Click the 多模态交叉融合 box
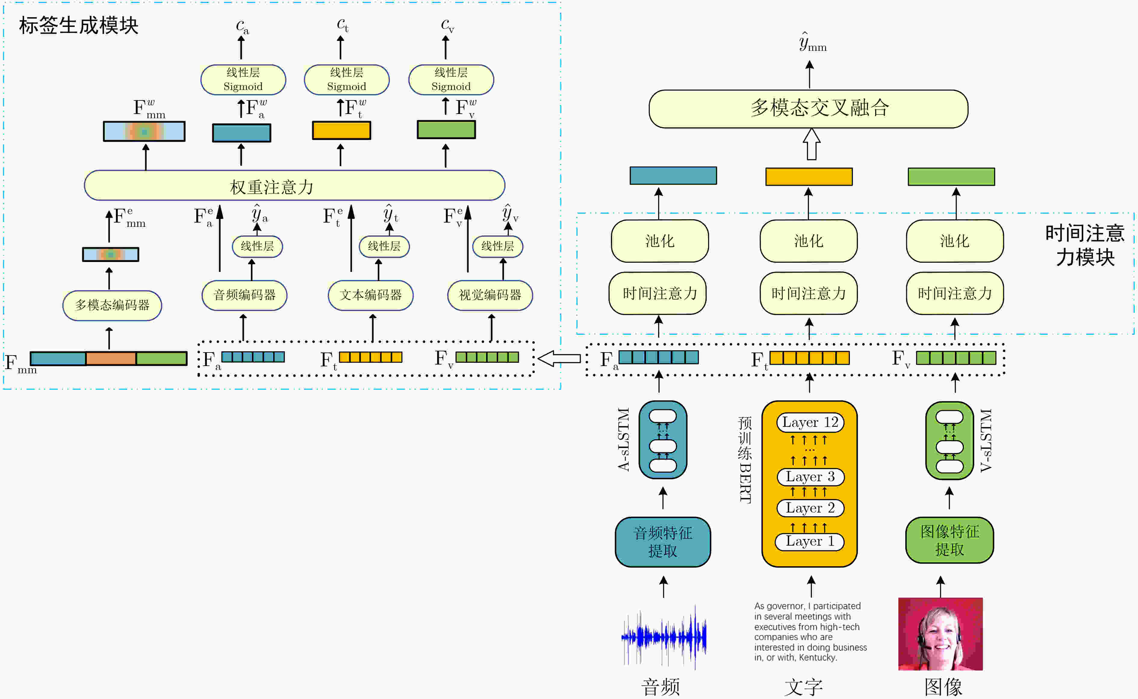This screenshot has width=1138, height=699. click(x=808, y=109)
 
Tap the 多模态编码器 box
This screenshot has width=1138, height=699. click(x=112, y=305)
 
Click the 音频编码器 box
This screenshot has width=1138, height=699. click(x=244, y=295)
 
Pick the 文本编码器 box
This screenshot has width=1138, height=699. click(x=371, y=295)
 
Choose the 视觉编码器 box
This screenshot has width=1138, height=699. click(x=490, y=295)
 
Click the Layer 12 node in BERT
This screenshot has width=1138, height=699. click(x=810, y=422)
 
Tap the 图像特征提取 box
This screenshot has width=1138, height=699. click(x=949, y=540)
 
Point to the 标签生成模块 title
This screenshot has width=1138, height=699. click(x=79, y=26)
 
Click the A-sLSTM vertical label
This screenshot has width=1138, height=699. click(x=623, y=439)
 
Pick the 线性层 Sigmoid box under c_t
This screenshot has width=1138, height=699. click(x=347, y=79)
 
